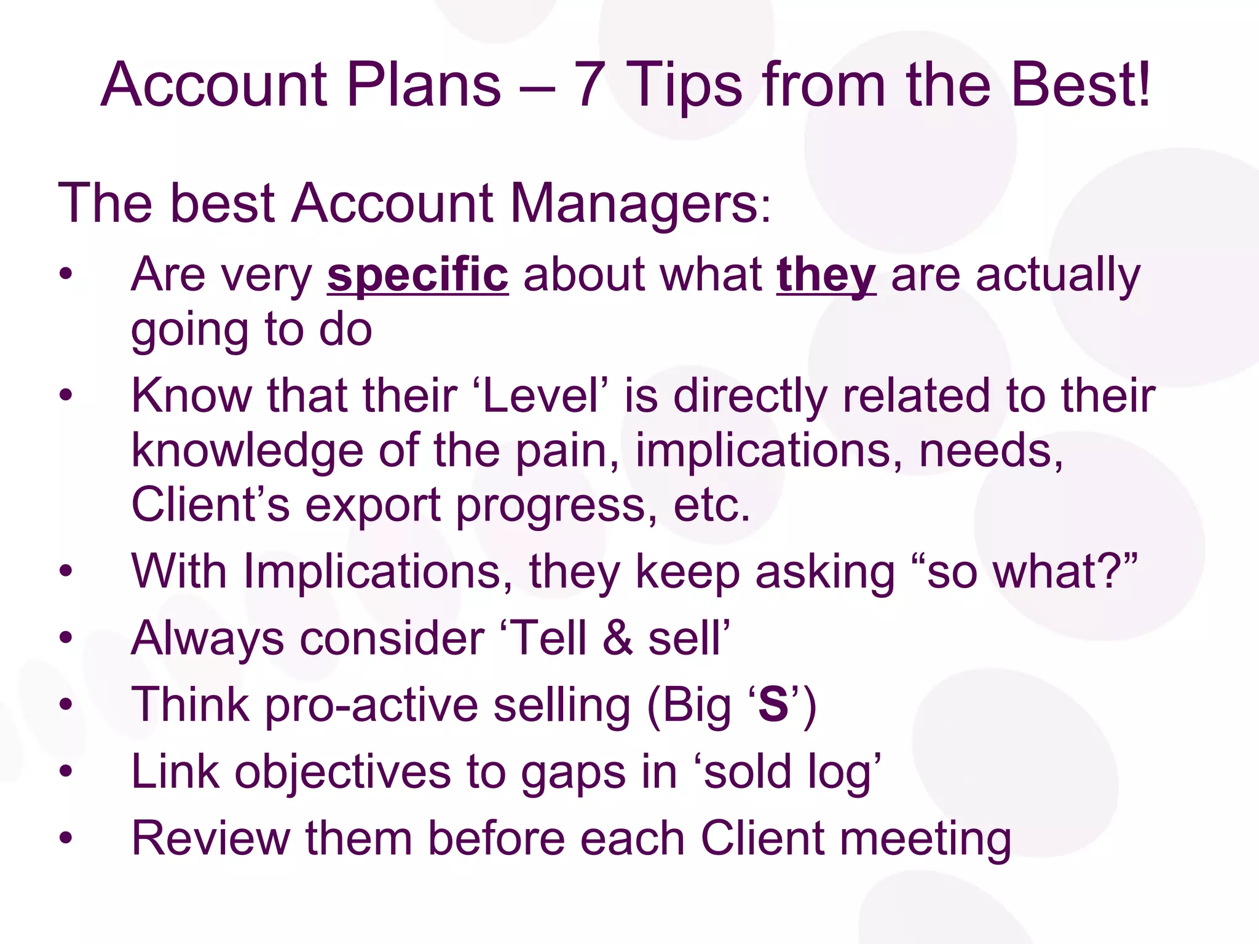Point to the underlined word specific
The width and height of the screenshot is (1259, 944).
[x=417, y=275]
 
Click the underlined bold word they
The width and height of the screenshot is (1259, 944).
[x=826, y=275]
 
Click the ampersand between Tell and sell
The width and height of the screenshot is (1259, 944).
[x=617, y=638]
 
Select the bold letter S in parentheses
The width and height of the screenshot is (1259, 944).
[x=773, y=705]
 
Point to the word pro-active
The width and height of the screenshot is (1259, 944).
[x=371, y=705]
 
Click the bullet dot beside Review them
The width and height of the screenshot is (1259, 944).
[x=66, y=838]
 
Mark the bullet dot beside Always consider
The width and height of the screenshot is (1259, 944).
[x=66, y=637]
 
